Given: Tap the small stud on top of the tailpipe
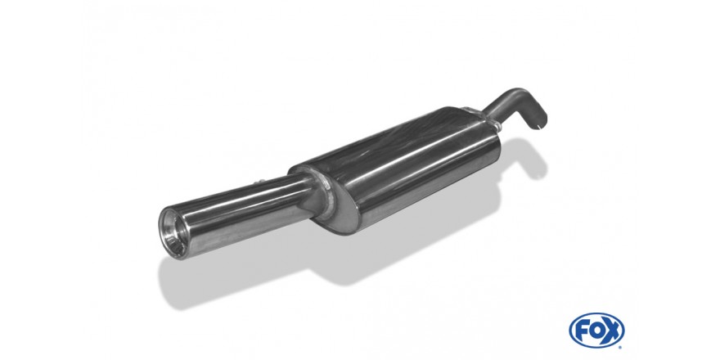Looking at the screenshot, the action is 261,182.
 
